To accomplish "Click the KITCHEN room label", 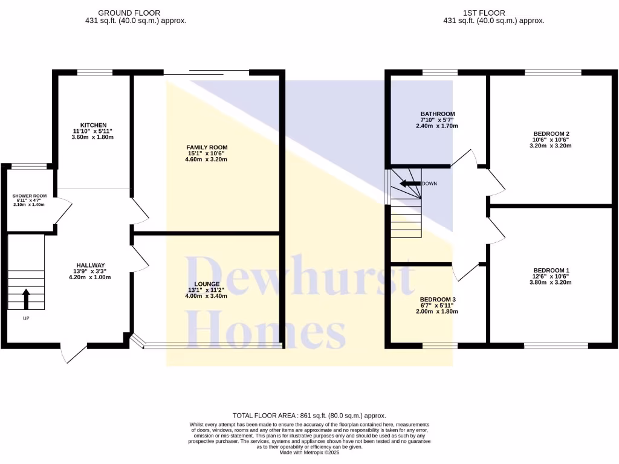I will click(92, 125).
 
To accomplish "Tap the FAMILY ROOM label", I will click(207, 147).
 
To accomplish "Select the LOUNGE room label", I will click(207, 284).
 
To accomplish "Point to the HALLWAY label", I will click(91, 265).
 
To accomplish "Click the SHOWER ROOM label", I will click(30, 196).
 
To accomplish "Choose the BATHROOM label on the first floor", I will click(438, 114).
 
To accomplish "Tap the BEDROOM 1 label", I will click(551, 270).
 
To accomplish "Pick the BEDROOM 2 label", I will click(551, 134).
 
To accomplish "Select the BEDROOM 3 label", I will click(438, 300).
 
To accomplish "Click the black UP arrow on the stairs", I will click(26, 298).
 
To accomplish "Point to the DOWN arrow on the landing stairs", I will click(410, 184).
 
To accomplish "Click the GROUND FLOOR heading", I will click(129, 13).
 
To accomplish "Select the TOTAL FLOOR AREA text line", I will click(309, 416).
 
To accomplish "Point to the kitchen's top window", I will click(95, 72).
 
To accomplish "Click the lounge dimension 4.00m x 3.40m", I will click(207, 296).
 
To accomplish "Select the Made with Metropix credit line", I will click(309, 453).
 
